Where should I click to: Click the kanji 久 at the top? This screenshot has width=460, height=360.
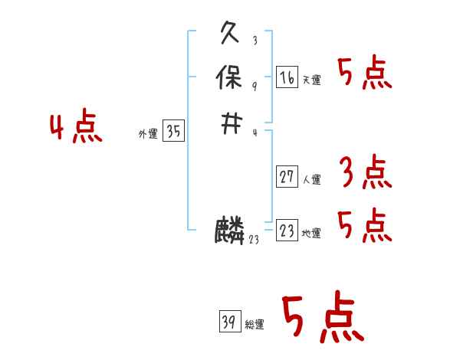(x=231, y=35)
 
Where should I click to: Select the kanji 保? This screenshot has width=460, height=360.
(x=231, y=77)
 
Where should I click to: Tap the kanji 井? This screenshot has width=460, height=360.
(x=231, y=123)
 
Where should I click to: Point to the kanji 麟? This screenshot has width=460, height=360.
(x=230, y=231)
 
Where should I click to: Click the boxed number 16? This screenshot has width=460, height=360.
(x=287, y=77)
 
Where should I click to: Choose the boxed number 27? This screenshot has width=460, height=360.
(x=287, y=178)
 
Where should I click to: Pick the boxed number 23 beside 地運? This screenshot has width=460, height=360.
(x=287, y=231)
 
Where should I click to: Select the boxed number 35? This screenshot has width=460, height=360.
(x=174, y=132)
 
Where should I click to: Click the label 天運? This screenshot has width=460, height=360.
(x=312, y=80)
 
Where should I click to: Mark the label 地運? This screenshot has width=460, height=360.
(x=312, y=234)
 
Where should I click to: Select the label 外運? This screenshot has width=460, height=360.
(x=147, y=134)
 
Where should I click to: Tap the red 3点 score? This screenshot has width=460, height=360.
(x=365, y=172)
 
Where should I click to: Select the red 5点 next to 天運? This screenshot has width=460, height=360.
(x=365, y=74)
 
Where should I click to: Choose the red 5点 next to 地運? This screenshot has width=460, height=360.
(x=365, y=224)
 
